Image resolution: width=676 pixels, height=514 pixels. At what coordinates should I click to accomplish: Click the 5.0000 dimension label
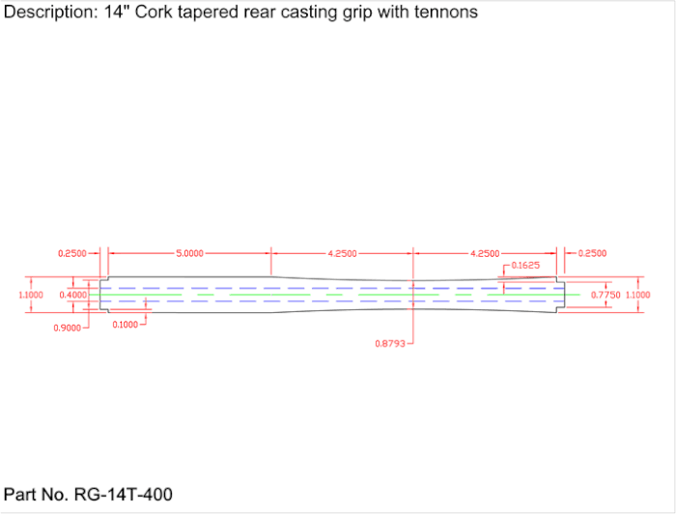[189, 253]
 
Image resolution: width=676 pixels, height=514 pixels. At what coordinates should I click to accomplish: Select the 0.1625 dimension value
[525, 265]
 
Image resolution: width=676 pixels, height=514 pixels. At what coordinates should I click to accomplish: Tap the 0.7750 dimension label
[605, 294]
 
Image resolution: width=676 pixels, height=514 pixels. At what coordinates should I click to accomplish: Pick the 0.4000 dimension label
[72, 294]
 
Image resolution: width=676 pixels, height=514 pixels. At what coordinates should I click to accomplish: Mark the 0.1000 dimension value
[124, 324]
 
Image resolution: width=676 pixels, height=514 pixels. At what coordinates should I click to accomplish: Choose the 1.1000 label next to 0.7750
[638, 294]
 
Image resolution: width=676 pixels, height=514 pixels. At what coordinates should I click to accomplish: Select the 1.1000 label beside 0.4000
[32, 294]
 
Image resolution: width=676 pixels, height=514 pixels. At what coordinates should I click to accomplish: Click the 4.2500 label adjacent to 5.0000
[342, 253]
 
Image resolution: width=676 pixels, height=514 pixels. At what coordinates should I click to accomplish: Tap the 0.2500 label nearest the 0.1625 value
[592, 253]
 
